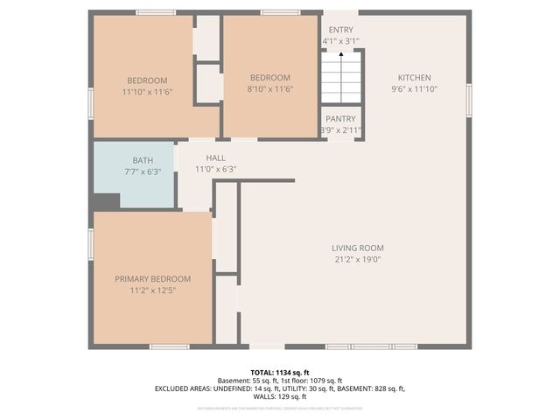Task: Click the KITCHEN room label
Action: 415,77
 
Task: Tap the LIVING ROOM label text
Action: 357,247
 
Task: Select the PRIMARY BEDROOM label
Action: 152,278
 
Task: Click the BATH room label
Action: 142,160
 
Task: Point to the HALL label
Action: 215,157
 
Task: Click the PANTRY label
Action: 340,118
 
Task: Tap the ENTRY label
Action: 341,29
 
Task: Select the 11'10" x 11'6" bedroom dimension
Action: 147,89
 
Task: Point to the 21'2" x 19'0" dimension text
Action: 357,259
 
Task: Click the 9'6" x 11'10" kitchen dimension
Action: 415,89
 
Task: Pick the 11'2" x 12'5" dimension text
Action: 152,290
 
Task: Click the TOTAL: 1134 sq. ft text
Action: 279,372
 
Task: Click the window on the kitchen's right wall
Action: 469,98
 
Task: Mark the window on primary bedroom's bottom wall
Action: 169,346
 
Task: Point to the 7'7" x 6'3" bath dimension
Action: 142,171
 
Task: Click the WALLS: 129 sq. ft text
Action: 279,395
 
